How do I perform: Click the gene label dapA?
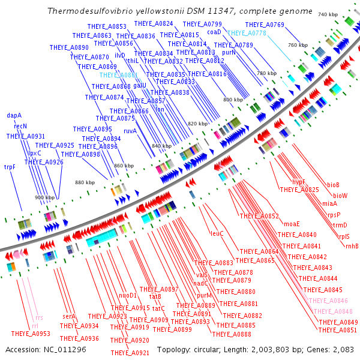[x=14, y=115]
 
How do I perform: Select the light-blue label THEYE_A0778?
[x=247, y=33]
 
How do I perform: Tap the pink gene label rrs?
[x=40, y=318]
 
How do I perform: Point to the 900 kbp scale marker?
[x=44, y=197]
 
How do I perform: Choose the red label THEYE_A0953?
[x=31, y=334]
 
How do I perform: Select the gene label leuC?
[x=217, y=233]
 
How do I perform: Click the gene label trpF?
[x=10, y=167]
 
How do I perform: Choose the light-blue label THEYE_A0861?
[x=118, y=75]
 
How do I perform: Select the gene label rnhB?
[x=352, y=246]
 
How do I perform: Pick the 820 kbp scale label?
[x=197, y=124]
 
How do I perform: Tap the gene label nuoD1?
[x=128, y=295]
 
